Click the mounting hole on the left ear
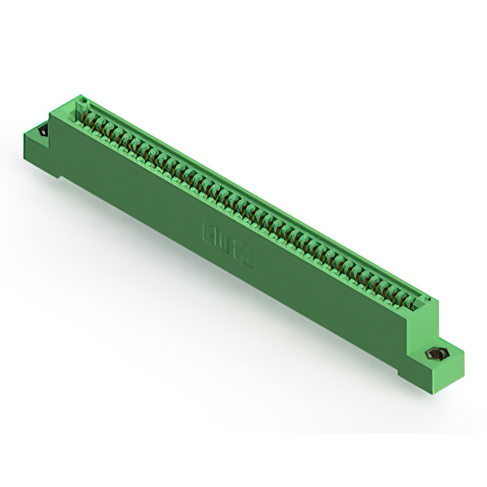(43, 132)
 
